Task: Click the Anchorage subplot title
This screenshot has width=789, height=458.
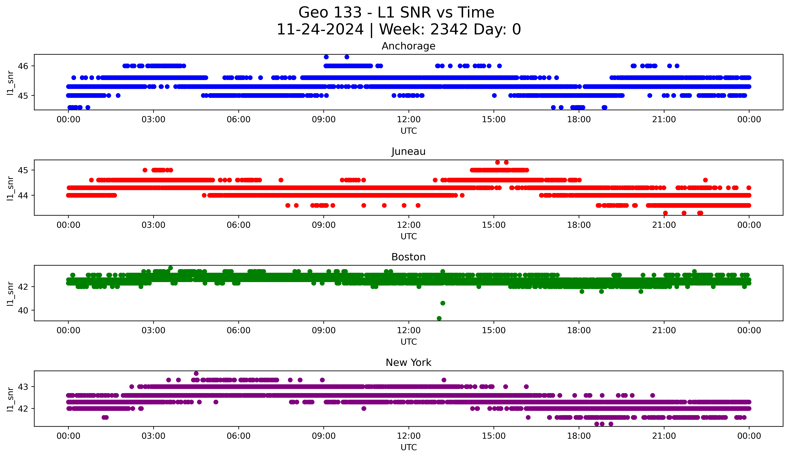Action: pos(408,46)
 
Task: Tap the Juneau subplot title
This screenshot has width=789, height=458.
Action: pos(408,151)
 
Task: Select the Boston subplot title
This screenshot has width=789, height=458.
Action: pos(408,257)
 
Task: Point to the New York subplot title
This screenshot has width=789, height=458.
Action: pos(408,363)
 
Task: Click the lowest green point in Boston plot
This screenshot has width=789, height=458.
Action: pos(439,318)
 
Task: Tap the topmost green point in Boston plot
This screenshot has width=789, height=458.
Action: pos(170,268)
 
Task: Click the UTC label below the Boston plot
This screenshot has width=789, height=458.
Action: pos(409,342)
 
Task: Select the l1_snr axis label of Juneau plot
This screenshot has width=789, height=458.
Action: pos(10,188)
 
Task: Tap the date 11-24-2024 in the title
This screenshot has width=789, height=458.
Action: pos(320,29)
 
